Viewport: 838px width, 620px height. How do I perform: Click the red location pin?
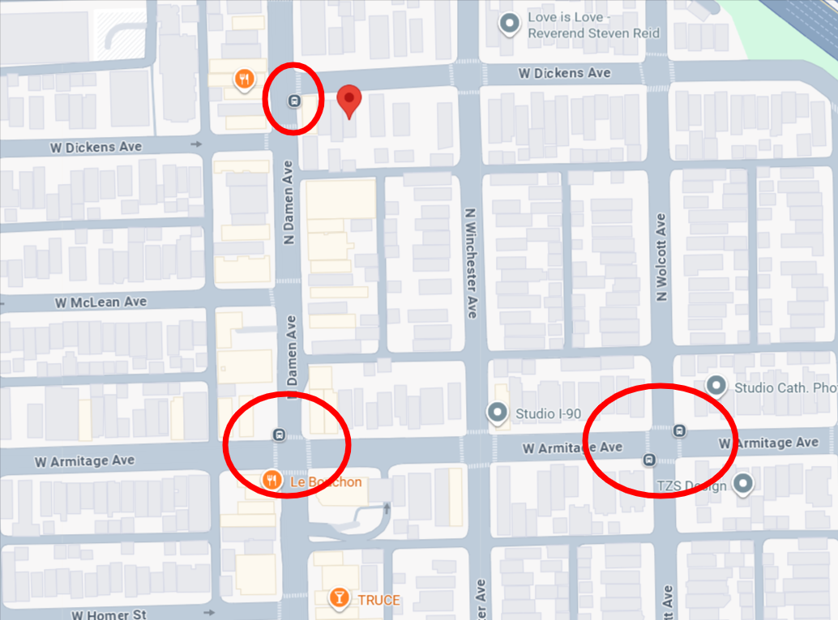[348, 100]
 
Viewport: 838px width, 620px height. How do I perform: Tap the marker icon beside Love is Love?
[510, 25]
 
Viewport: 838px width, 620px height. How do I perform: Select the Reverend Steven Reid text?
[593, 33]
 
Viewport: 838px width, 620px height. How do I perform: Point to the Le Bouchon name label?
[326, 482]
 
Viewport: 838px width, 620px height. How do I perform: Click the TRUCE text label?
[378, 600]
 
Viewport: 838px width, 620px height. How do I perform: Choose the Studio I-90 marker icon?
[497, 413]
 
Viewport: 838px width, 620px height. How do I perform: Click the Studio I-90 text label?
[549, 414]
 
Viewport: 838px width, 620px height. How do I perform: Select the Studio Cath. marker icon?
[716, 387]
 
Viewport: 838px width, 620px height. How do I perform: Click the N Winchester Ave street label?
[469, 263]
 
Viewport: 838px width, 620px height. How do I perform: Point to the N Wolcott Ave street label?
[661, 258]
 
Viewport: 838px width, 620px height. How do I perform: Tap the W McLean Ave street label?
[101, 302]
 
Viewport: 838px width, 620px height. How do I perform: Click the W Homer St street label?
[108, 614]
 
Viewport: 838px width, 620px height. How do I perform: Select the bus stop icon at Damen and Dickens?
[293, 101]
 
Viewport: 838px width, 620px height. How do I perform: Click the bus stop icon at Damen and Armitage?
[279, 434]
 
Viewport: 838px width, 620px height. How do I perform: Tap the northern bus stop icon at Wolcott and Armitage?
[679, 430]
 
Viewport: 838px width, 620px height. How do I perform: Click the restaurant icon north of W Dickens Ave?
[244, 79]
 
